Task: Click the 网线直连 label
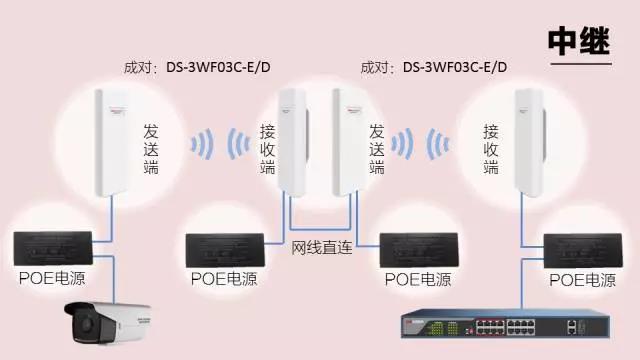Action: [x=322, y=247]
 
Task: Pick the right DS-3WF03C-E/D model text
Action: [x=455, y=68]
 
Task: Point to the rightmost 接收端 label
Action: [x=491, y=147]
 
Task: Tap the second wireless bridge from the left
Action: [x=291, y=140]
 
